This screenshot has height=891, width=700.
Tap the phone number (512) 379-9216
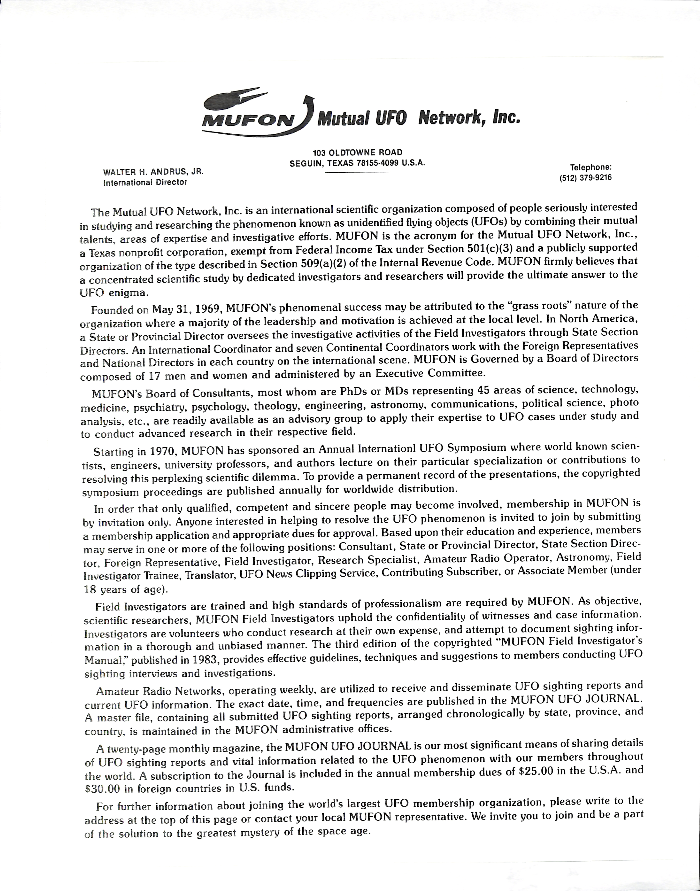(x=585, y=178)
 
